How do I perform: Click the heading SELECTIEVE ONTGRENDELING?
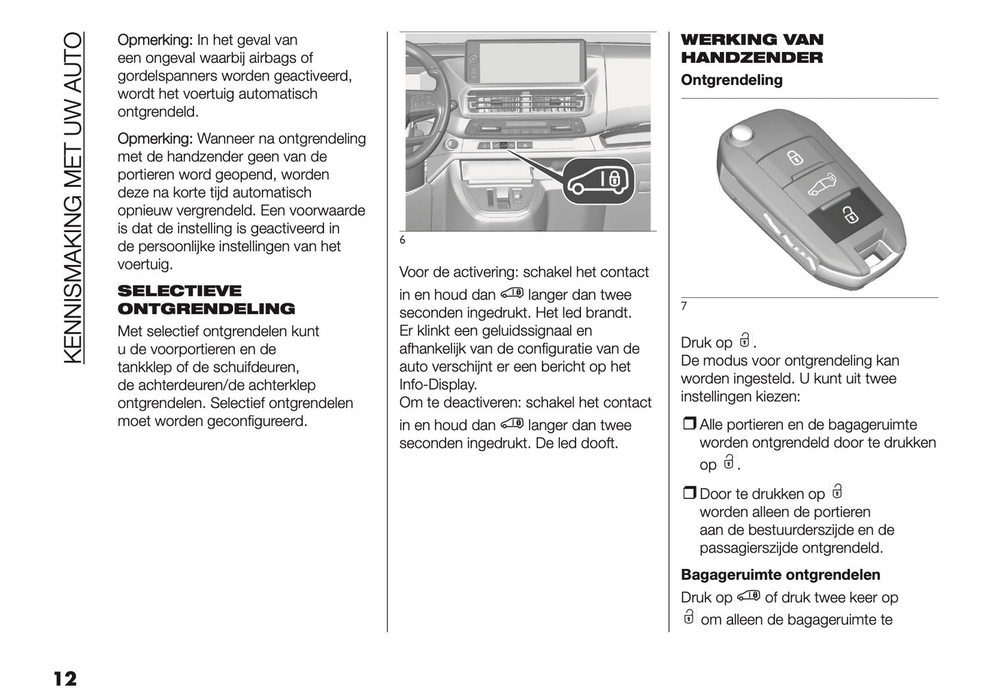(x=206, y=300)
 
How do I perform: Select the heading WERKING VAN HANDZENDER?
(x=752, y=49)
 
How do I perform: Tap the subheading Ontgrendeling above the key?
(x=731, y=80)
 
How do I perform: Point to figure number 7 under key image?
(x=684, y=307)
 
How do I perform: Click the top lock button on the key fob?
(x=794, y=158)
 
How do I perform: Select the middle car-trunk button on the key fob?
(x=822, y=184)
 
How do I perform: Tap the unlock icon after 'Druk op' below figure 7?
(x=744, y=340)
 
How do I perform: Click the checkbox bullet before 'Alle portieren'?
(x=689, y=425)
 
